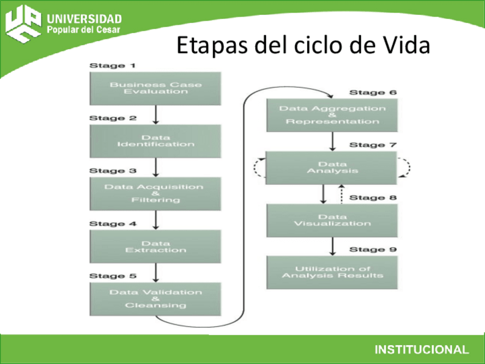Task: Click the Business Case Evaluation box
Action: point(156,88)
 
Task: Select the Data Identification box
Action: point(156,141)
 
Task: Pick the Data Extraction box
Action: point(156,247)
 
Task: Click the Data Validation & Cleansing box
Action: point(156,299)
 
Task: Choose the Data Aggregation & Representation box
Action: point(332,115)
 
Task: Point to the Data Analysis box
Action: point(332,168)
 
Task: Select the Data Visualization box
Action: point(332,220)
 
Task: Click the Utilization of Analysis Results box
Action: point(332,272)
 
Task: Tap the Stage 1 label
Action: point(108,66)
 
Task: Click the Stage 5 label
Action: point(113,276)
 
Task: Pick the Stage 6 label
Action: point(373,93)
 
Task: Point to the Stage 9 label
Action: point(373,250)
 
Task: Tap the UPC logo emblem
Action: point(23,23)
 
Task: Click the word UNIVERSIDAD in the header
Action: point(85,19)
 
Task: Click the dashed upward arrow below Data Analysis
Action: point(341,194)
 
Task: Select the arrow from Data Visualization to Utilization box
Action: point(332,247)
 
